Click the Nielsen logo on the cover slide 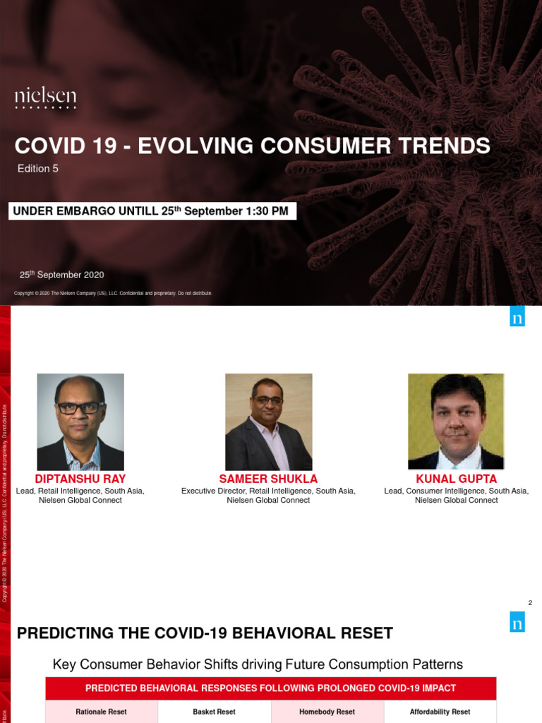(46, 98)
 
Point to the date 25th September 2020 (61, 275)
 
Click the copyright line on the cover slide (113, 293)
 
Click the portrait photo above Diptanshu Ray (80, 422)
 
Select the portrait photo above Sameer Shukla (268, 422)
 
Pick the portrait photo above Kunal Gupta (456, 422)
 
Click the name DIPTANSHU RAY (80, 479)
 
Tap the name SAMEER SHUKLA (268, 479)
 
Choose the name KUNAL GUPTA (456, 479)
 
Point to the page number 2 (530, 602)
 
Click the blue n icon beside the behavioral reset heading (518, 621)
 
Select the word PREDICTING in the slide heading (64, 633)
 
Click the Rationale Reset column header (102, 712)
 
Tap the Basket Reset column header (214, 712)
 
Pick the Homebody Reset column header (327, 712)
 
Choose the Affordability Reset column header (440, 712)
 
